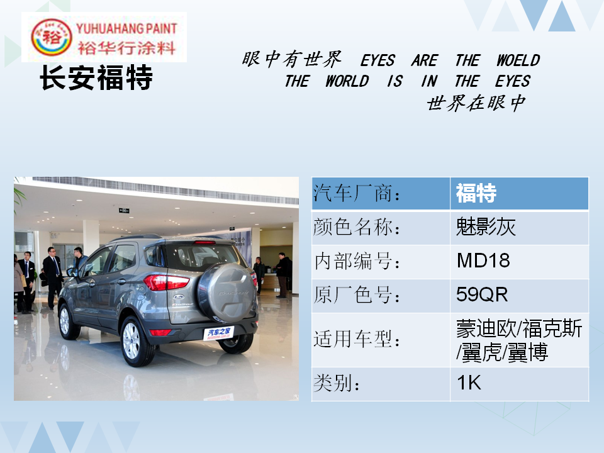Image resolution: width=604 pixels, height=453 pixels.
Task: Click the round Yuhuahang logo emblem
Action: (51, 37)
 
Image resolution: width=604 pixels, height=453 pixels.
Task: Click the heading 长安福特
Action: (96, 77)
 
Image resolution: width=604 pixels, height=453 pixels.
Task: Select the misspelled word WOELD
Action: (518, 60)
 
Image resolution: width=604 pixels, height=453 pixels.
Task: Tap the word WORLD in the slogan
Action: (347, 81)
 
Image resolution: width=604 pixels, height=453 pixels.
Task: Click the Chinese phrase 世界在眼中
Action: (476, 103)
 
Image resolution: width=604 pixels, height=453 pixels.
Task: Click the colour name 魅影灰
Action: (485, 226)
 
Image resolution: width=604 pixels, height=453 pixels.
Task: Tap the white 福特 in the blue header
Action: (476, 193)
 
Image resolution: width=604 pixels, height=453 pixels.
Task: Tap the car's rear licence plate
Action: (218, 333)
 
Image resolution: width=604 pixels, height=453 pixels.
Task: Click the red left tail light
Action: (166, 282)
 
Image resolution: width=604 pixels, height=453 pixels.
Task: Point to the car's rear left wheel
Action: (135, 341)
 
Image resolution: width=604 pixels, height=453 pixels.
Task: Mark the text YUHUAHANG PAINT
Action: (126, 28)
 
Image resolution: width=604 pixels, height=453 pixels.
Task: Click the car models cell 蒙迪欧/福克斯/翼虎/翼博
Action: (519, 340)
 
